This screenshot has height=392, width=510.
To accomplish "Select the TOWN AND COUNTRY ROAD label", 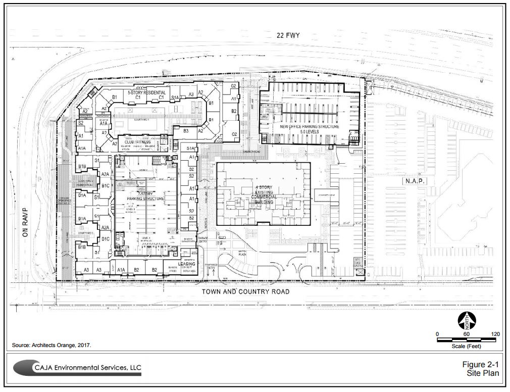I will click(246, 291).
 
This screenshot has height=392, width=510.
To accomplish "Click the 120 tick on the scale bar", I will click(495, 334).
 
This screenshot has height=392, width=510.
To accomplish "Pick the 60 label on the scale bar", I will click(466, 334).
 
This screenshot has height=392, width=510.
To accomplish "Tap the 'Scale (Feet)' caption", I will click(466, 347).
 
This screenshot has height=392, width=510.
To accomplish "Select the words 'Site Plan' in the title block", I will click(483, 374).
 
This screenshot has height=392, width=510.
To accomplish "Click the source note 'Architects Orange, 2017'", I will click(52, 346).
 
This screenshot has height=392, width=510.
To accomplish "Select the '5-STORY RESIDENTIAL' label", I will click(146, 93).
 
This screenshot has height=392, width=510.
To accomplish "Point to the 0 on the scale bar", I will click(437, 334).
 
